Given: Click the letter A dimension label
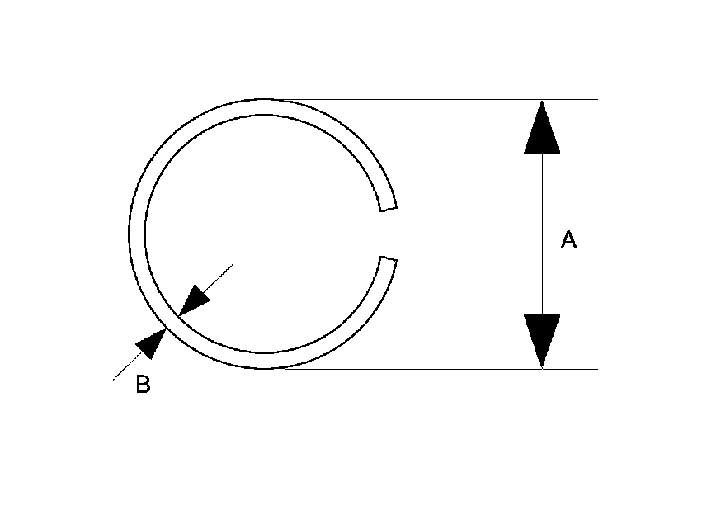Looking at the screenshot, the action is pos(568,240).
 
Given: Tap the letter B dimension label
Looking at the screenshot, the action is pos(143,385).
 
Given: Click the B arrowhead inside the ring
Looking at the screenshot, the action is pos(194,301).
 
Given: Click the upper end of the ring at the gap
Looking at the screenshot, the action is pos(387,207).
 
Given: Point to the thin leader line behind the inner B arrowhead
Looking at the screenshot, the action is pos(219,277).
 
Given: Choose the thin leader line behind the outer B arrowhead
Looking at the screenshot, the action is pos(124,369).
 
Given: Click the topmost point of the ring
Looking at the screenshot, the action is pos(263,101).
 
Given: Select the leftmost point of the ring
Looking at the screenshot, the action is pos(130,234).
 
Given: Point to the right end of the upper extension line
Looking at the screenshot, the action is pos(596,100).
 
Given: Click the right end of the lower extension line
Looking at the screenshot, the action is pos(596,369).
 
